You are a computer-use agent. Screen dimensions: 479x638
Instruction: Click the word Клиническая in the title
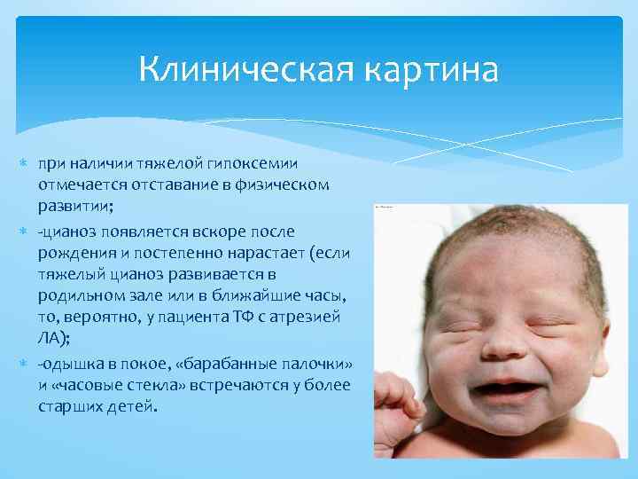click(231, 69)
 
